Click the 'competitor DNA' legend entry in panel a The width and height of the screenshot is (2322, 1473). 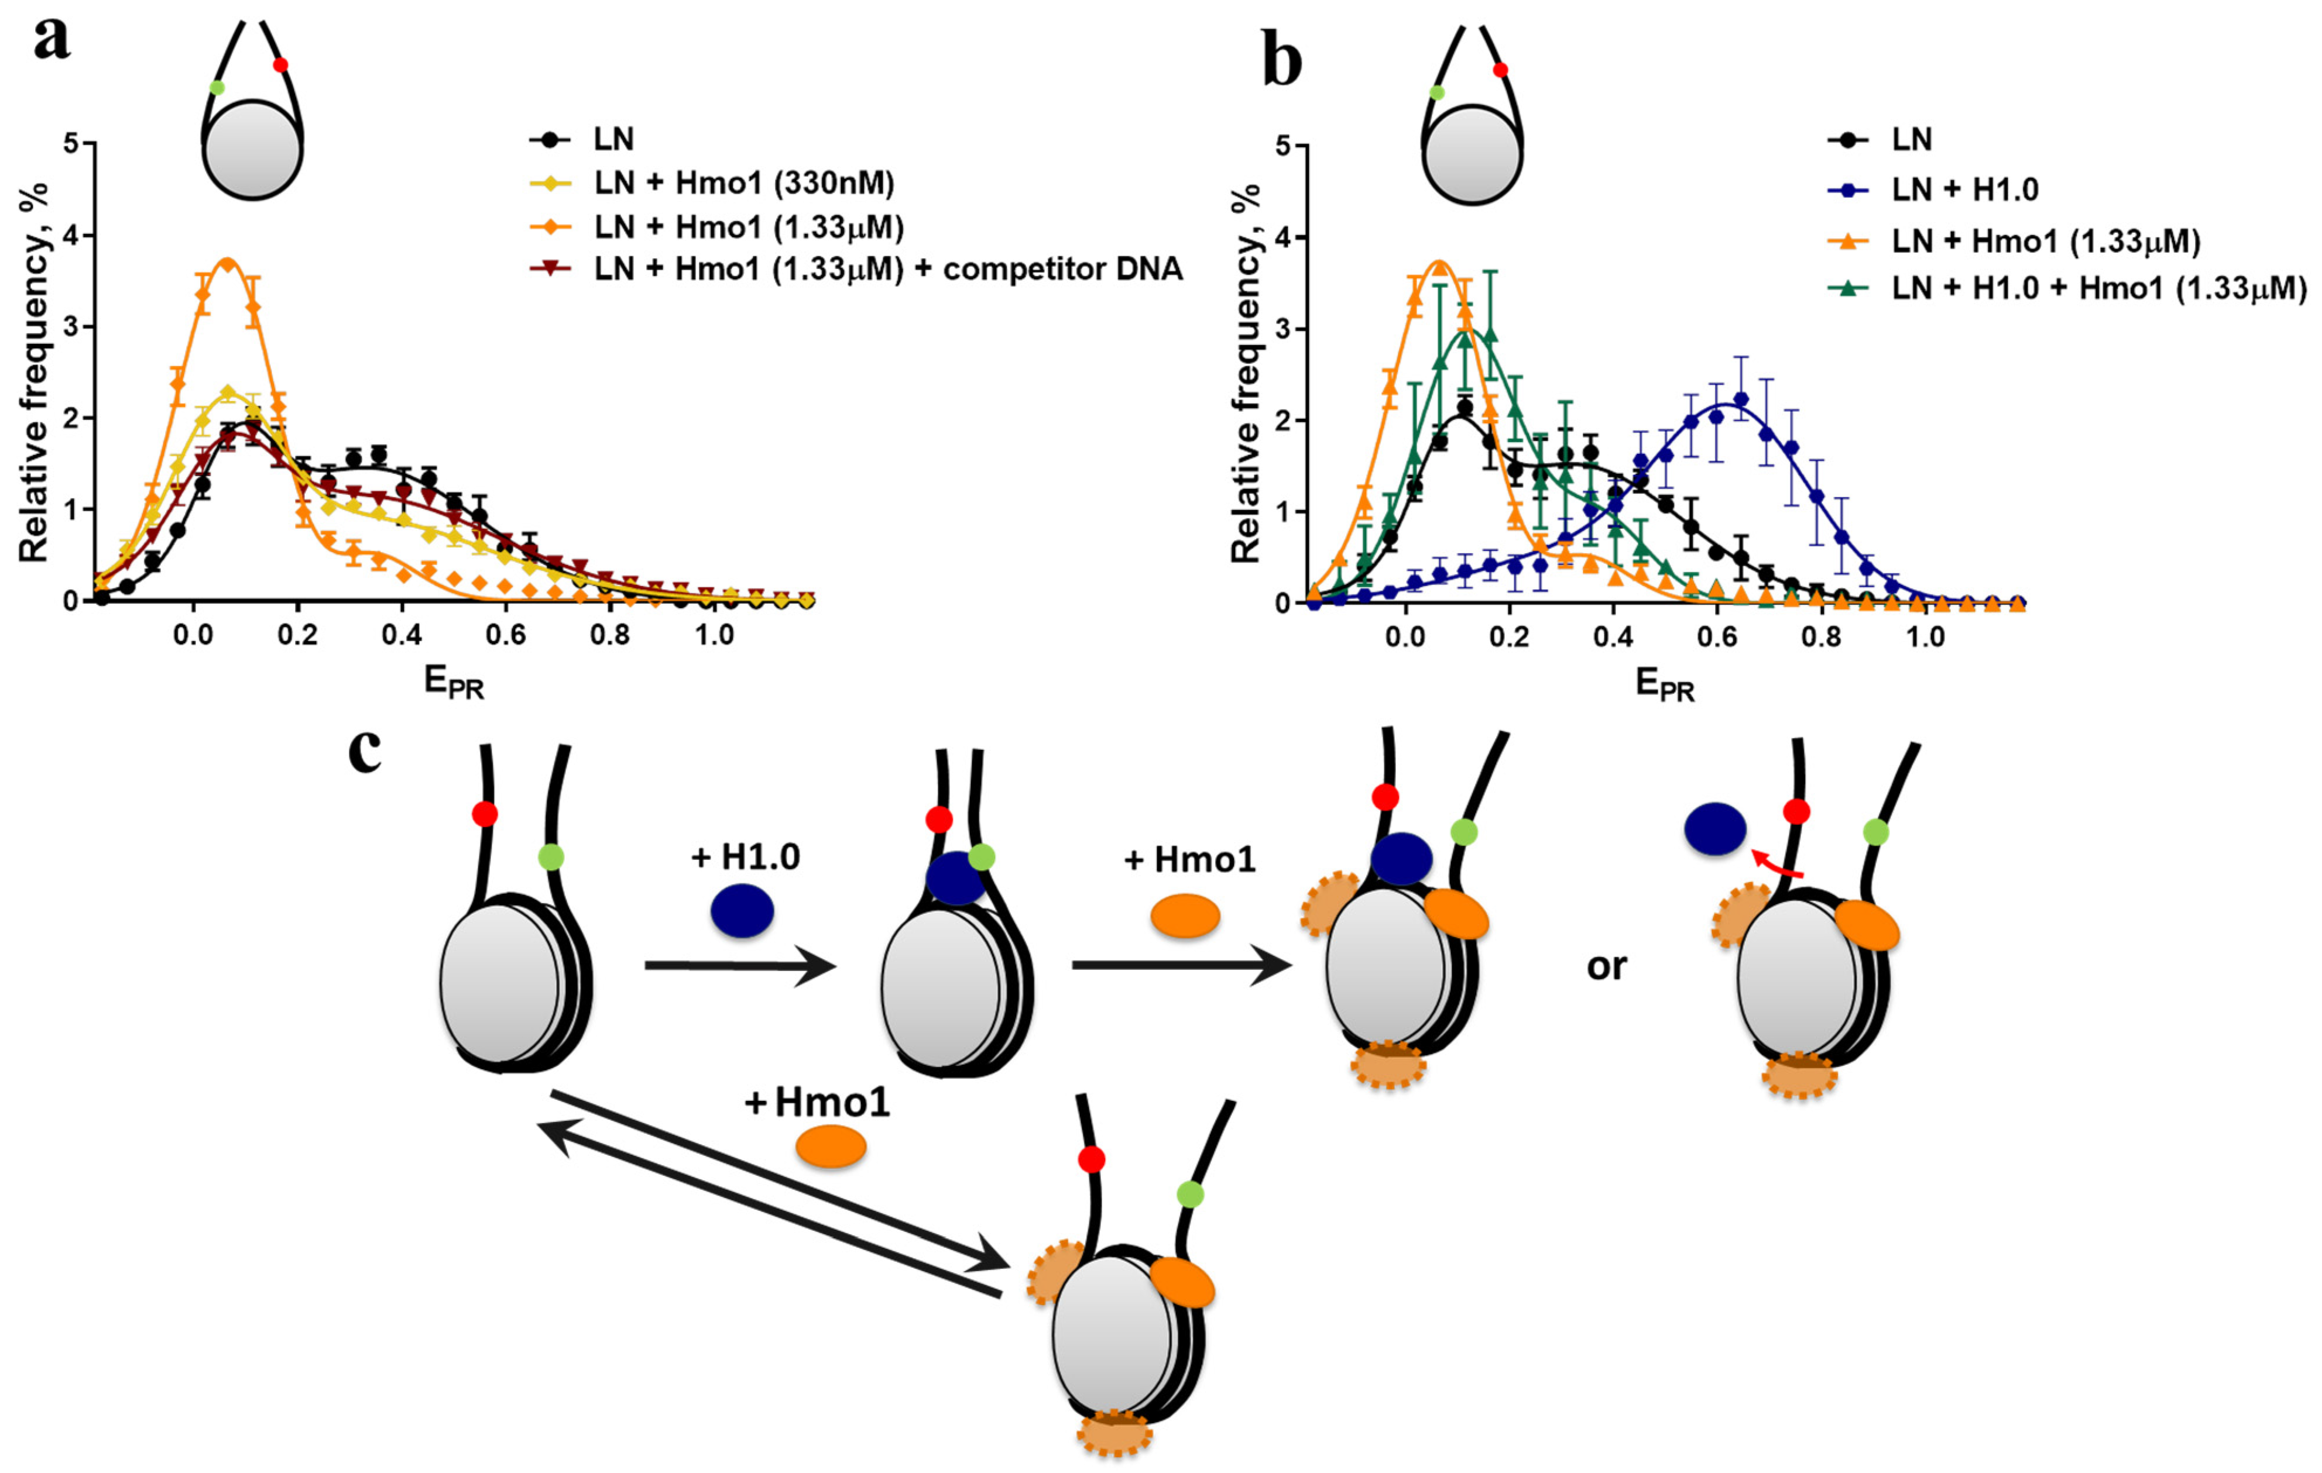pyautogui.click(x=888, y=269)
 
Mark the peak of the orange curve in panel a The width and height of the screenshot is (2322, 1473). pyautogui.click(x=228, y=261)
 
